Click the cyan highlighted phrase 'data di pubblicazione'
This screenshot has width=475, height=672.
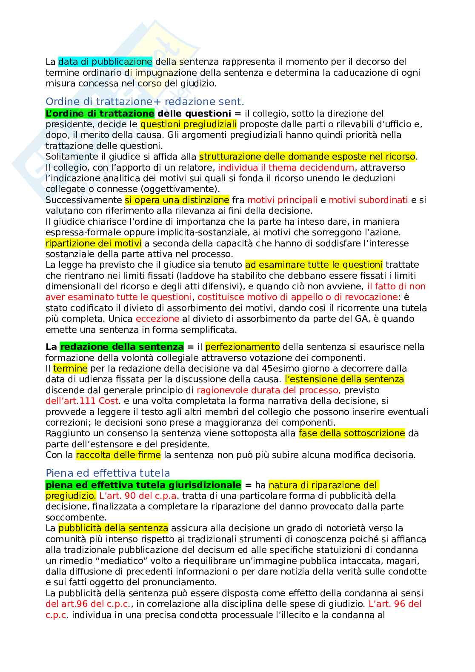(x=105, y=62)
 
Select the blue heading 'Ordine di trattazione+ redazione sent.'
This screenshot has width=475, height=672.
(x=145, y=102)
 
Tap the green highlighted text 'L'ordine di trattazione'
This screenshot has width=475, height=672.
(x=100, y=114)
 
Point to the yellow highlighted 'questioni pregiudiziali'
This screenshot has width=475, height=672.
(x=188, y=124)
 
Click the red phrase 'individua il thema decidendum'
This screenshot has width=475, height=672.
(x=286, y=168)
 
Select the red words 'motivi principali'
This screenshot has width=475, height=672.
(x=282, y=200)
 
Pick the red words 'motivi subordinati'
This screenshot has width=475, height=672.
(x=368, y=200)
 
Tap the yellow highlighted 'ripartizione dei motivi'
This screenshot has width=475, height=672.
(x=93, y=243)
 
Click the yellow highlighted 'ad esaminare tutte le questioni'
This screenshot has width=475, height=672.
(x=314, y=265)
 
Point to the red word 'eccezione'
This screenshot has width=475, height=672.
(x=157, y=319)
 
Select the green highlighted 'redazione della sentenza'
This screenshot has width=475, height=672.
(x=122, y=347)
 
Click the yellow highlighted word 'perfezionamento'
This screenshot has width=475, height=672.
(x=242, y=347)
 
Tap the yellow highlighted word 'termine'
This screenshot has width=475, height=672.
(x=70, y=369)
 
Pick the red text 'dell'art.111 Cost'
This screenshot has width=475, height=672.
(x=82, y=401)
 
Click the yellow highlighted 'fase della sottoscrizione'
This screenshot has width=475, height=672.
(x=352, y=433)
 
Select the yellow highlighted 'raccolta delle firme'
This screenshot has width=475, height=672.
(x=118, y=455)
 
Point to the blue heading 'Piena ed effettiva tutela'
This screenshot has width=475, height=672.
(x=108, y=473)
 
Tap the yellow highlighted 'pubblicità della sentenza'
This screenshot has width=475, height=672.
(x=113, y=528)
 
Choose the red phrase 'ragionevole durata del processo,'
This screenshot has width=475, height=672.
(x=269, y=390)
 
